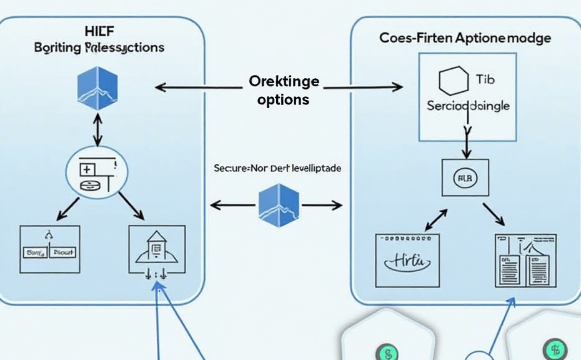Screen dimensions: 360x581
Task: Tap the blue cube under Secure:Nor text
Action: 279,205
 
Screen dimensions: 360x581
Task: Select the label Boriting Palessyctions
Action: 99,47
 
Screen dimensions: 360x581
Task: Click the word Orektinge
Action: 284,82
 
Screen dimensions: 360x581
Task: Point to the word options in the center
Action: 283,99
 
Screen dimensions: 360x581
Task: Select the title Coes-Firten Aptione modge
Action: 465,38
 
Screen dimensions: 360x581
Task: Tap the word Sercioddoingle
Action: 468,106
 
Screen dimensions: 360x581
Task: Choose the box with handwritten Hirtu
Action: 407,260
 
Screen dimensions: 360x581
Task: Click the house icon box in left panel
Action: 156,249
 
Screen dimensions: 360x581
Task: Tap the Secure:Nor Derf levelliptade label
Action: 277,169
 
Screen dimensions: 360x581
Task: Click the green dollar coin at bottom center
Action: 387,352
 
